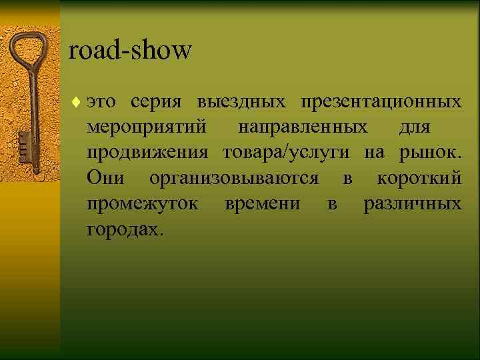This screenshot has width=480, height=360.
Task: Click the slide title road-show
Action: point(130,50)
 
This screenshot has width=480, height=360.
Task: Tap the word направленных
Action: point(302,127)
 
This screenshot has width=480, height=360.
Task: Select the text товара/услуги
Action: point(286,153)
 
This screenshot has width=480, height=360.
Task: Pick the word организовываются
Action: point(233,178)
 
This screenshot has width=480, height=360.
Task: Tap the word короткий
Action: point(419,178)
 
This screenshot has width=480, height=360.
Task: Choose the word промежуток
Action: point(142,203)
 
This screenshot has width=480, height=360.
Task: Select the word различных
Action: point(412,203)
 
